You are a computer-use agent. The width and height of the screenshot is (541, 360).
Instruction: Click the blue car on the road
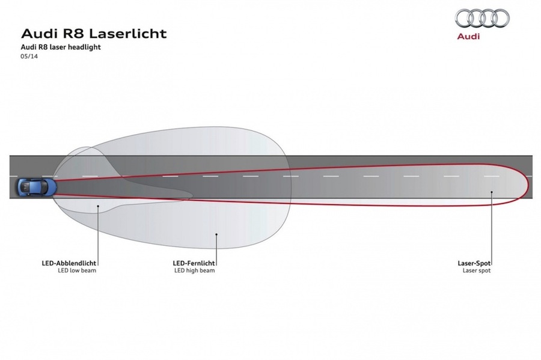[x=36, y=187]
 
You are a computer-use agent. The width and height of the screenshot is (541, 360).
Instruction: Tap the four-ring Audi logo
[x=482, y=18]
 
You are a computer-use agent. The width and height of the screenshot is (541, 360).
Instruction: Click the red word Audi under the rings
[x=468, y=36]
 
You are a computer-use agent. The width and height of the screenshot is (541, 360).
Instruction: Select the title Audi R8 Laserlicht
[x=94, y=34]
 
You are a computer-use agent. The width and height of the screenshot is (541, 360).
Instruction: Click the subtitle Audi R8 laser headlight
[x=61, y=47]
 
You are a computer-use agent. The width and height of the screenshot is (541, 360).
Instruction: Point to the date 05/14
[x=29, y=56]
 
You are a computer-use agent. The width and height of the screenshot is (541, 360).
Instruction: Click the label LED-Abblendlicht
[x=69, y=263]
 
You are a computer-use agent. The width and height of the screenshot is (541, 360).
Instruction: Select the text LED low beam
[x=77, y=270]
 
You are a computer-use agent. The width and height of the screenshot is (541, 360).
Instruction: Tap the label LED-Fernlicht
[x=194, y=263]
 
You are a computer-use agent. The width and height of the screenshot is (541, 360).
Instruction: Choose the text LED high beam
[x=195, y=270]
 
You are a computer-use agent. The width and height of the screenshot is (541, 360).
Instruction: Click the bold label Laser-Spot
[x=474, y=263]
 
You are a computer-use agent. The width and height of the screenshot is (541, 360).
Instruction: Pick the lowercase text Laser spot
[x=477, y=270]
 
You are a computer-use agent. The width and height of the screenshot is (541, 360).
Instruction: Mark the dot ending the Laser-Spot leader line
[x=492, y=192]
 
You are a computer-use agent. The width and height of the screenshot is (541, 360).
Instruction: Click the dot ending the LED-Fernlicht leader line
[x=216, y=234]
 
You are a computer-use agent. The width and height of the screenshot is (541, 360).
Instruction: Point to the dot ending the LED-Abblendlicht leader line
[x=98, y=206]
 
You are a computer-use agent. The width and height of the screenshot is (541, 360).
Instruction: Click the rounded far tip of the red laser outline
[x=528, y=185]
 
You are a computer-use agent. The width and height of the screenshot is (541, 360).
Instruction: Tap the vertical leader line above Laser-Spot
[x=492, y=228]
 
